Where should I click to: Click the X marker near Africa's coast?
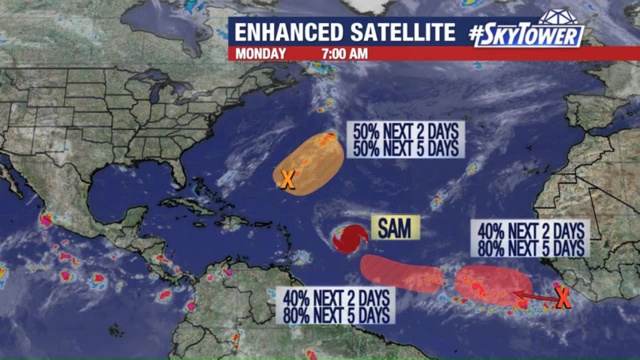click(563, 296)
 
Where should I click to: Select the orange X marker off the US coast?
click(287, 180)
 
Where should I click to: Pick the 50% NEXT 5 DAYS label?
click(404, 149)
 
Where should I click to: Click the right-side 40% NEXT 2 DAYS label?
click(531, 230)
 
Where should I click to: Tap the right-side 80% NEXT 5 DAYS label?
click(531, 246)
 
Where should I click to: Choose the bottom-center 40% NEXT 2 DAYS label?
click(336, 299)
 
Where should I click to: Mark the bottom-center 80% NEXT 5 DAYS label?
click(336, 315)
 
